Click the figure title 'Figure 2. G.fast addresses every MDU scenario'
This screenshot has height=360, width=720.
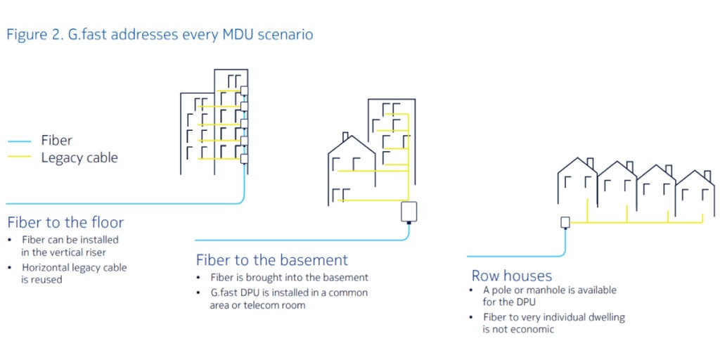(160, 34)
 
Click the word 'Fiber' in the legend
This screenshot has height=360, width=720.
(57, 141)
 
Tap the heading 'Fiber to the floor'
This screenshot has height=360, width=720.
(65, 223)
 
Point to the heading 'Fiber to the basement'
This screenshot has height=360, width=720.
(271, 261)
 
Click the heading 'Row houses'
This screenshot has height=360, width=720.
(511, 276)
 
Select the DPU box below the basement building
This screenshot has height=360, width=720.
(409, 212)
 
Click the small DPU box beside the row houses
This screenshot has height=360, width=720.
(565, 223)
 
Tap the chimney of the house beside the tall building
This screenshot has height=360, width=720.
(345, 136)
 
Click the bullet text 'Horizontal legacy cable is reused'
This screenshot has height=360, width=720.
(74, 274)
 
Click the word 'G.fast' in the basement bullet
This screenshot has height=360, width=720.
(224, 292)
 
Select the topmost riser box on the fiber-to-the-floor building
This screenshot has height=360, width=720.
(244, 90)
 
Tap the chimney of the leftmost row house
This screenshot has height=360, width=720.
(589, 162)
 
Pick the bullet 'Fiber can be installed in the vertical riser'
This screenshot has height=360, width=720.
(70, 245)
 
